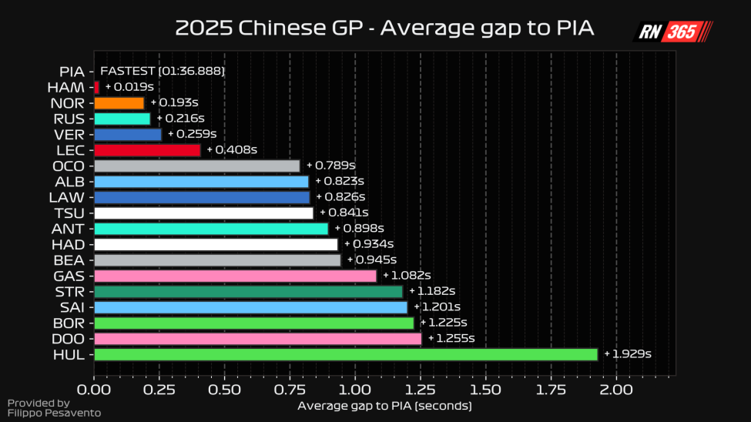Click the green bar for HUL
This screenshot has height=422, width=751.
coord(346,354)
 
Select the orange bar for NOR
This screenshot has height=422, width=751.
coord(119,103)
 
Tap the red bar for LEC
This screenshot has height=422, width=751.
coord(147,150)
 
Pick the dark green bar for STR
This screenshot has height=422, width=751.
coord(248,292)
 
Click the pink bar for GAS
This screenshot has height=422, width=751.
coord(235,276)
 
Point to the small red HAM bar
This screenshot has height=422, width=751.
coord(96,87)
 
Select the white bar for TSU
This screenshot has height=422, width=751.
coord(203,213)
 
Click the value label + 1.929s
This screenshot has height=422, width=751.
coord(628,354)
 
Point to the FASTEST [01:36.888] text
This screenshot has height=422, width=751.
coord(163,72)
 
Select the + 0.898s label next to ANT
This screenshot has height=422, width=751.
coord(359,229)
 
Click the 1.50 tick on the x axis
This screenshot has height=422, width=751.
coord(485,390)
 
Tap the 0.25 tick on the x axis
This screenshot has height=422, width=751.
coord(159,390)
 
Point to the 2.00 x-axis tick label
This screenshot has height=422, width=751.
coord(616,390)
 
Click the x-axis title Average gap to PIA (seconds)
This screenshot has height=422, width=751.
coord(384,406)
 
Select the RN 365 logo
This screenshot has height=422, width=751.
coord(672,32)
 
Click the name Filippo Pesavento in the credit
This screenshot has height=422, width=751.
coord(54,414)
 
